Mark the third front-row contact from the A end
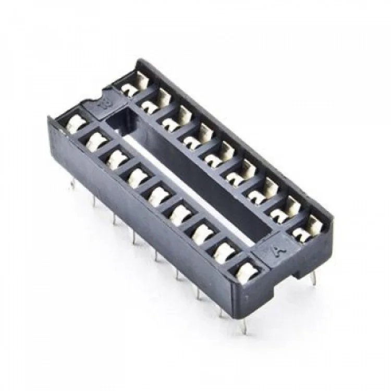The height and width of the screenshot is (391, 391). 201,234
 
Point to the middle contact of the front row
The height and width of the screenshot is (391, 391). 157,195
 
